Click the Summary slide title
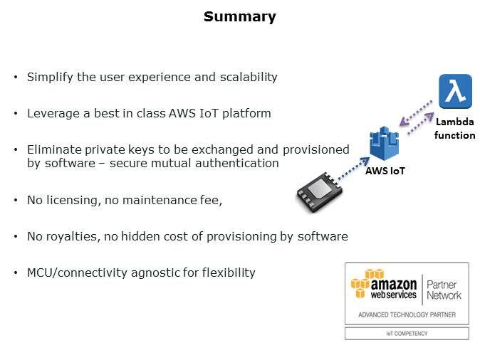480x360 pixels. pos(239,16)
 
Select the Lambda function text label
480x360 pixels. pos(455,129)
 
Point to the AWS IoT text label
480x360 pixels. pos(386,171)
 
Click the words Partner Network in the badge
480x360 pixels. pos(444,289)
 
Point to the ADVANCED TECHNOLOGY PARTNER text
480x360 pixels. pos(407,314)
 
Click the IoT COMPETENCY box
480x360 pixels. pos(407,333)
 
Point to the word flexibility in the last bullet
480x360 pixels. pos(229,272)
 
